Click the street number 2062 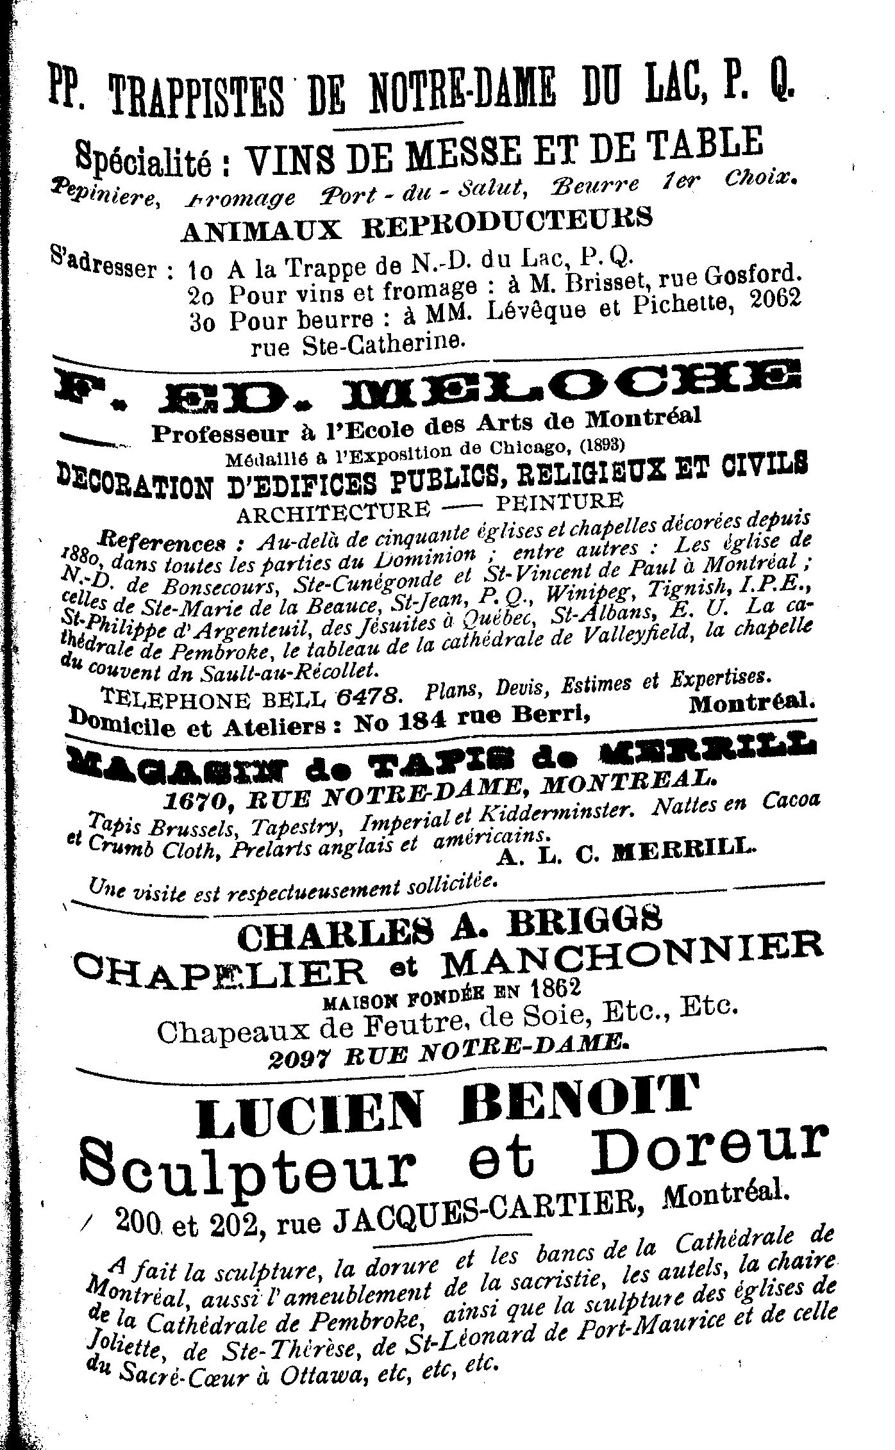coord(774,298)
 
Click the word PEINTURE coord(559,501)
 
